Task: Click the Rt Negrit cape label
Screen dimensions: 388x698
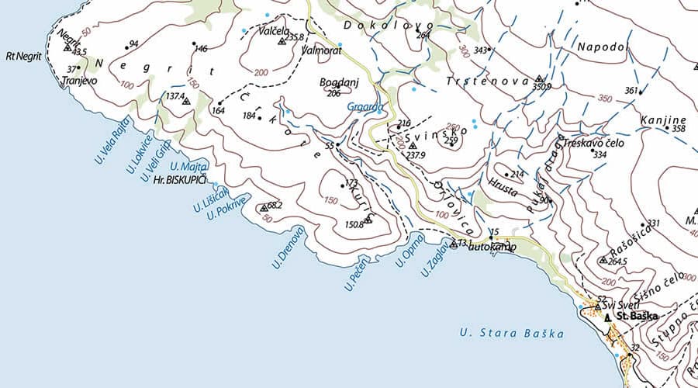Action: [23, 56]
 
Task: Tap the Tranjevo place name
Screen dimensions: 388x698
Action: [79, 80]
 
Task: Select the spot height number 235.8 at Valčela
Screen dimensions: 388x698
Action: [295, 37]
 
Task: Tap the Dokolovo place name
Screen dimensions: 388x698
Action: [378, 25]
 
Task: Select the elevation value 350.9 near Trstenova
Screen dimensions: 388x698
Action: [541, 86]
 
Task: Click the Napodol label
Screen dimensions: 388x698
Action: [602, 47]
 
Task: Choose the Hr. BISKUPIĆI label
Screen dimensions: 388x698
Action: [180, 179]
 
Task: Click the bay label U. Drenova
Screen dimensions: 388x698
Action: [289, 248]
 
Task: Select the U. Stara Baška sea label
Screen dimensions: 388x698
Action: [512, 334]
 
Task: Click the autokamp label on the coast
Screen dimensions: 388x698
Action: [493, 247]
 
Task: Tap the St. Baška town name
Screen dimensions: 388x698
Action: [636, 317]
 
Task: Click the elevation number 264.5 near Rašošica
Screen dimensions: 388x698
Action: [618, 262]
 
